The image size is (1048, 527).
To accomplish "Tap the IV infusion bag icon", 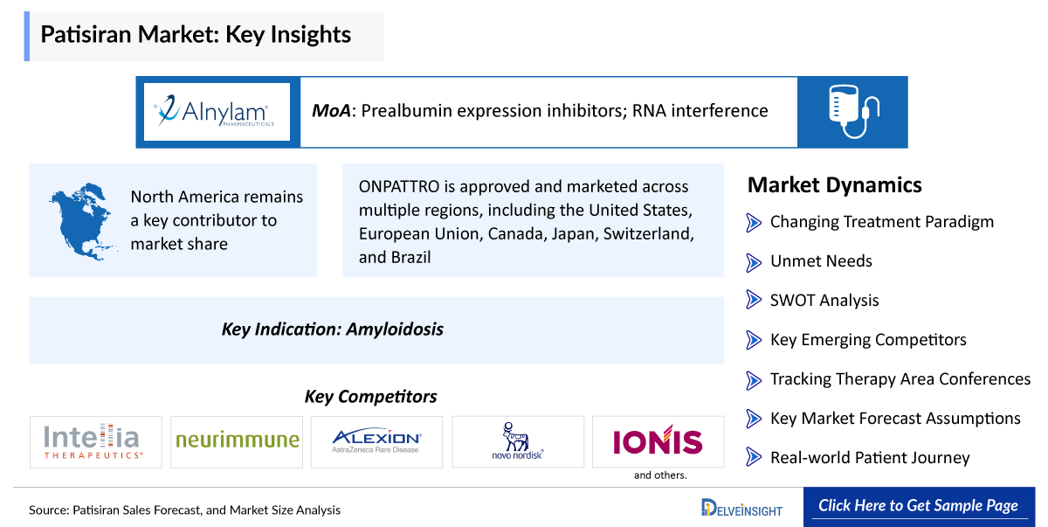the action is (x=853, y=111).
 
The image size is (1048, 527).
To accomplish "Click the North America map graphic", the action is (x=82, y=221).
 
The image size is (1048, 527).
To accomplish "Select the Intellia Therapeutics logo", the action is (x=93, y=441).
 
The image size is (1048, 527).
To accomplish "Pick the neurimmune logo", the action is (x=238, y=440).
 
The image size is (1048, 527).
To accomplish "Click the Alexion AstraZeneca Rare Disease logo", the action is (x=376, y=440).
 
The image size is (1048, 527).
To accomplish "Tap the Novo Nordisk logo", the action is (x=517, y=440).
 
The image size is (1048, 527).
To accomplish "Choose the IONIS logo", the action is (x=658, y=440).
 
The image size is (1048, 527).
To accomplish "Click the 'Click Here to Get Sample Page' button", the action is (x=919, y=507).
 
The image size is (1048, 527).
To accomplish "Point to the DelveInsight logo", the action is (x=742, y=508).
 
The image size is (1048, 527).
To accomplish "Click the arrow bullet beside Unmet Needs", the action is (x=753, y=262).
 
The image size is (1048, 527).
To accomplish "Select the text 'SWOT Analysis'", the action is (x=824, y=301).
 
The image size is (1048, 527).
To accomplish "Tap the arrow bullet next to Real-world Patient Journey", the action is (x=753, y=457).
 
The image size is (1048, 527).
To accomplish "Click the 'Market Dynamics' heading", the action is (x=835, y=185).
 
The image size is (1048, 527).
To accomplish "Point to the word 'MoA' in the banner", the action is (x=331, y=111).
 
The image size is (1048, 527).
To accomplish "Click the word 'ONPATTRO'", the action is (x=400, y=186).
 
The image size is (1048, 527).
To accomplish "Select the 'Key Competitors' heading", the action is (x=370, y=397).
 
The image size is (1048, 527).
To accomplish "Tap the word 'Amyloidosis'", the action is (x=395, y=329).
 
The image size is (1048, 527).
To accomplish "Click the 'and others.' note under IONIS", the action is (x=660, y=475).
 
